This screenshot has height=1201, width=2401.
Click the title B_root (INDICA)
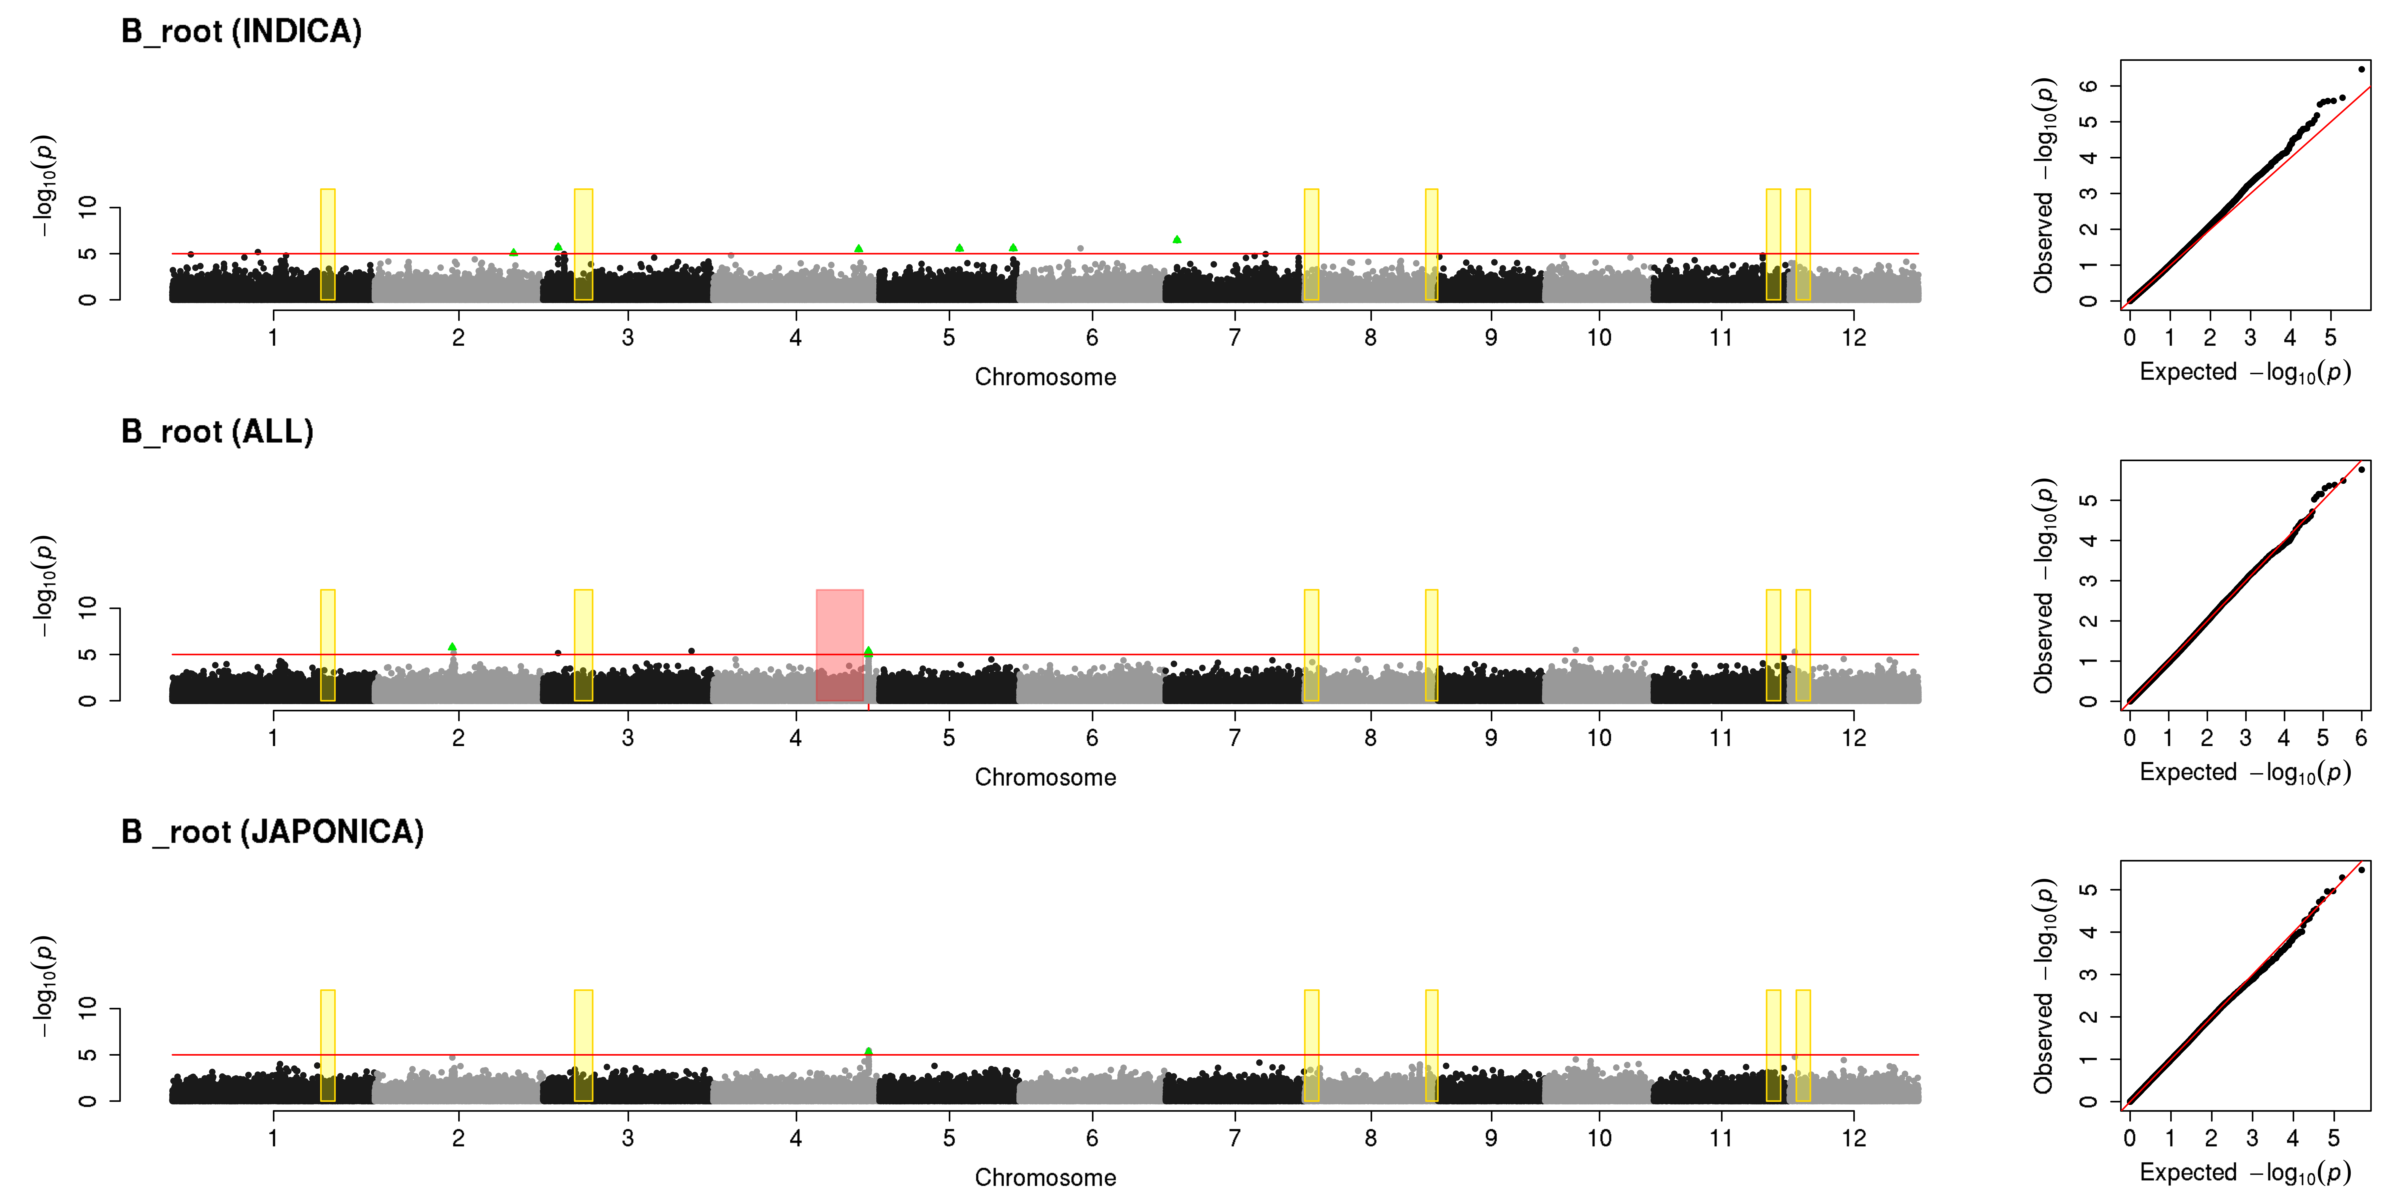coord(241,32)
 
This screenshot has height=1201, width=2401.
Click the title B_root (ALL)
coord(217,432)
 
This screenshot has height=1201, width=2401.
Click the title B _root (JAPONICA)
coord(272,832)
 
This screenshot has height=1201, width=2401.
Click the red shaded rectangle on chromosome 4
coord(840,645)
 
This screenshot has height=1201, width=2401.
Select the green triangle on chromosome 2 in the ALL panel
coord(452,647)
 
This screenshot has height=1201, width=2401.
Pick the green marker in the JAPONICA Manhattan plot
coord(869,1051)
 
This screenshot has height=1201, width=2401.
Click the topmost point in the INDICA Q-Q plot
coord(2361,69)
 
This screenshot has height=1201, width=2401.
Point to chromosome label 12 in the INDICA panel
coord(1854,338)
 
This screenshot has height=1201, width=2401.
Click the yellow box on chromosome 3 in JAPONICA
coord(583,1045)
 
